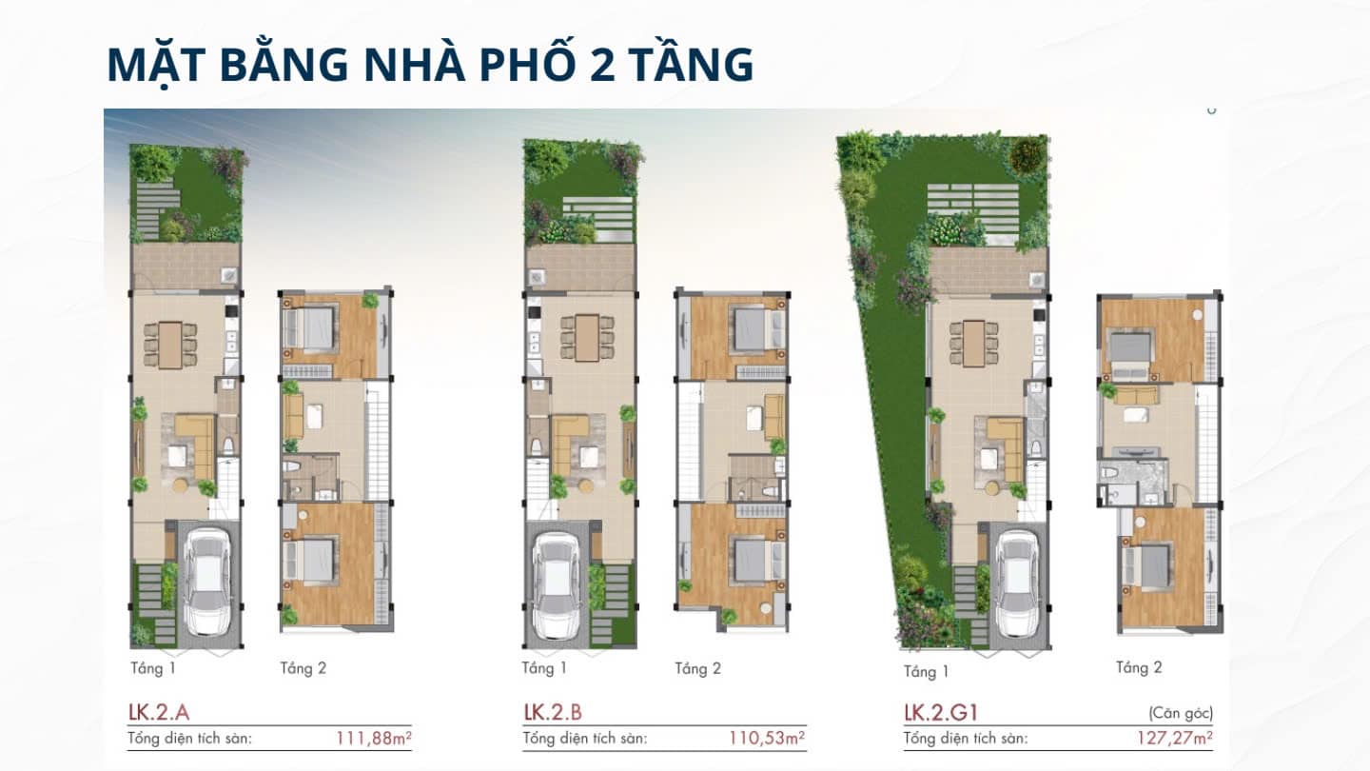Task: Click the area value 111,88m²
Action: tap(373, 737)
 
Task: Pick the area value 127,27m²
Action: tap(1174, 737)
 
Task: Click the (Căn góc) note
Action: tap(1180, 712)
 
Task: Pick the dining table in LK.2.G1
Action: tap(973, 343)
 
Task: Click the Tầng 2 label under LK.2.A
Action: tap(303, 668)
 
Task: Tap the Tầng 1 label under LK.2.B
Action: tap(544, 668)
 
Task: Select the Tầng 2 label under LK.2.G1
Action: tap(1139, 668)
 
